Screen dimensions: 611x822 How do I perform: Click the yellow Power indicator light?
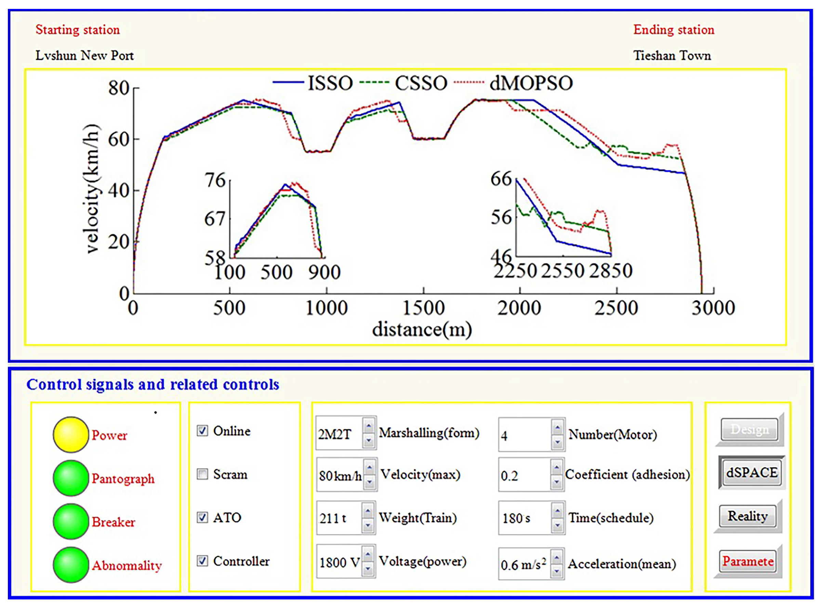(70, 434)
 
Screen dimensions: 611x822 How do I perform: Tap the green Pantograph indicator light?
(70, 478)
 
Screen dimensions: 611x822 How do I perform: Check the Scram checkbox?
(202, 474)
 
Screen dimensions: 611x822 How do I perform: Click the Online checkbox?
(202, 430)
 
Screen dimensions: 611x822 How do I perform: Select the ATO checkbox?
(202, 517)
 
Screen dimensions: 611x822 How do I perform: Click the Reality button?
(747, 516)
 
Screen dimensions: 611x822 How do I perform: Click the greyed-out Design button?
(749, 429)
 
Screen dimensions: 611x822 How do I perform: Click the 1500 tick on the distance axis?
(423, 308)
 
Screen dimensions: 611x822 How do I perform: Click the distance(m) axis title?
(422, 329)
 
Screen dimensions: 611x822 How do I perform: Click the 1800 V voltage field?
(339, 562)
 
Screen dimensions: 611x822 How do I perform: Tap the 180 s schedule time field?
(523, 518)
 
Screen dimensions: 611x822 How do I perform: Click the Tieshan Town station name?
(672, 55)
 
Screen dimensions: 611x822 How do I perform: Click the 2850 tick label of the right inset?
(611, 271)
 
